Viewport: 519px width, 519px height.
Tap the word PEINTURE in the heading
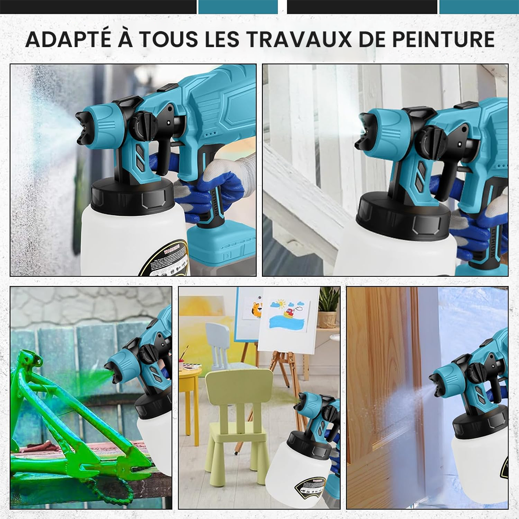pos(443,39)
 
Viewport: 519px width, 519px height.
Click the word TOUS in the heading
pos(166,39)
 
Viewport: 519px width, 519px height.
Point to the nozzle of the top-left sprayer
pos(83,127)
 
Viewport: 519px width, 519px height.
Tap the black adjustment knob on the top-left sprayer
pos(144,125)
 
